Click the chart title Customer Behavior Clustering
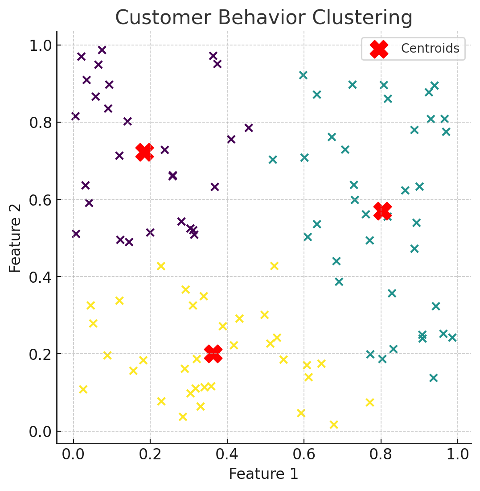click(x=263, y=18)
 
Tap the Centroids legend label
click(x=430, y=48)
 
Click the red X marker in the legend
click(x=379, y=49)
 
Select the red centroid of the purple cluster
click(x=144, y=152)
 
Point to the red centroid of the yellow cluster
click(x=213, y=354)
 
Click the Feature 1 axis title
click(x=263, y=474)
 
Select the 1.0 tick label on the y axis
click(x=41, y=45)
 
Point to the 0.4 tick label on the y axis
click(x=41, y=277)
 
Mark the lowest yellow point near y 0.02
click(x=333, y=424)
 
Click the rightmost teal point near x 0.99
click(x=452, y=337)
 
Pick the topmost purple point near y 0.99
click(x=102, y=50)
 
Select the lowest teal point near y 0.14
click(x=433, y=378)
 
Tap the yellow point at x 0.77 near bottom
click(x=369, y=402)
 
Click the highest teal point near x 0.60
click(x=303, y=75)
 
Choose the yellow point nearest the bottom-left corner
click(x=83, y=389)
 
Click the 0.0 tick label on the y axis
click(x=41, y=431)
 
